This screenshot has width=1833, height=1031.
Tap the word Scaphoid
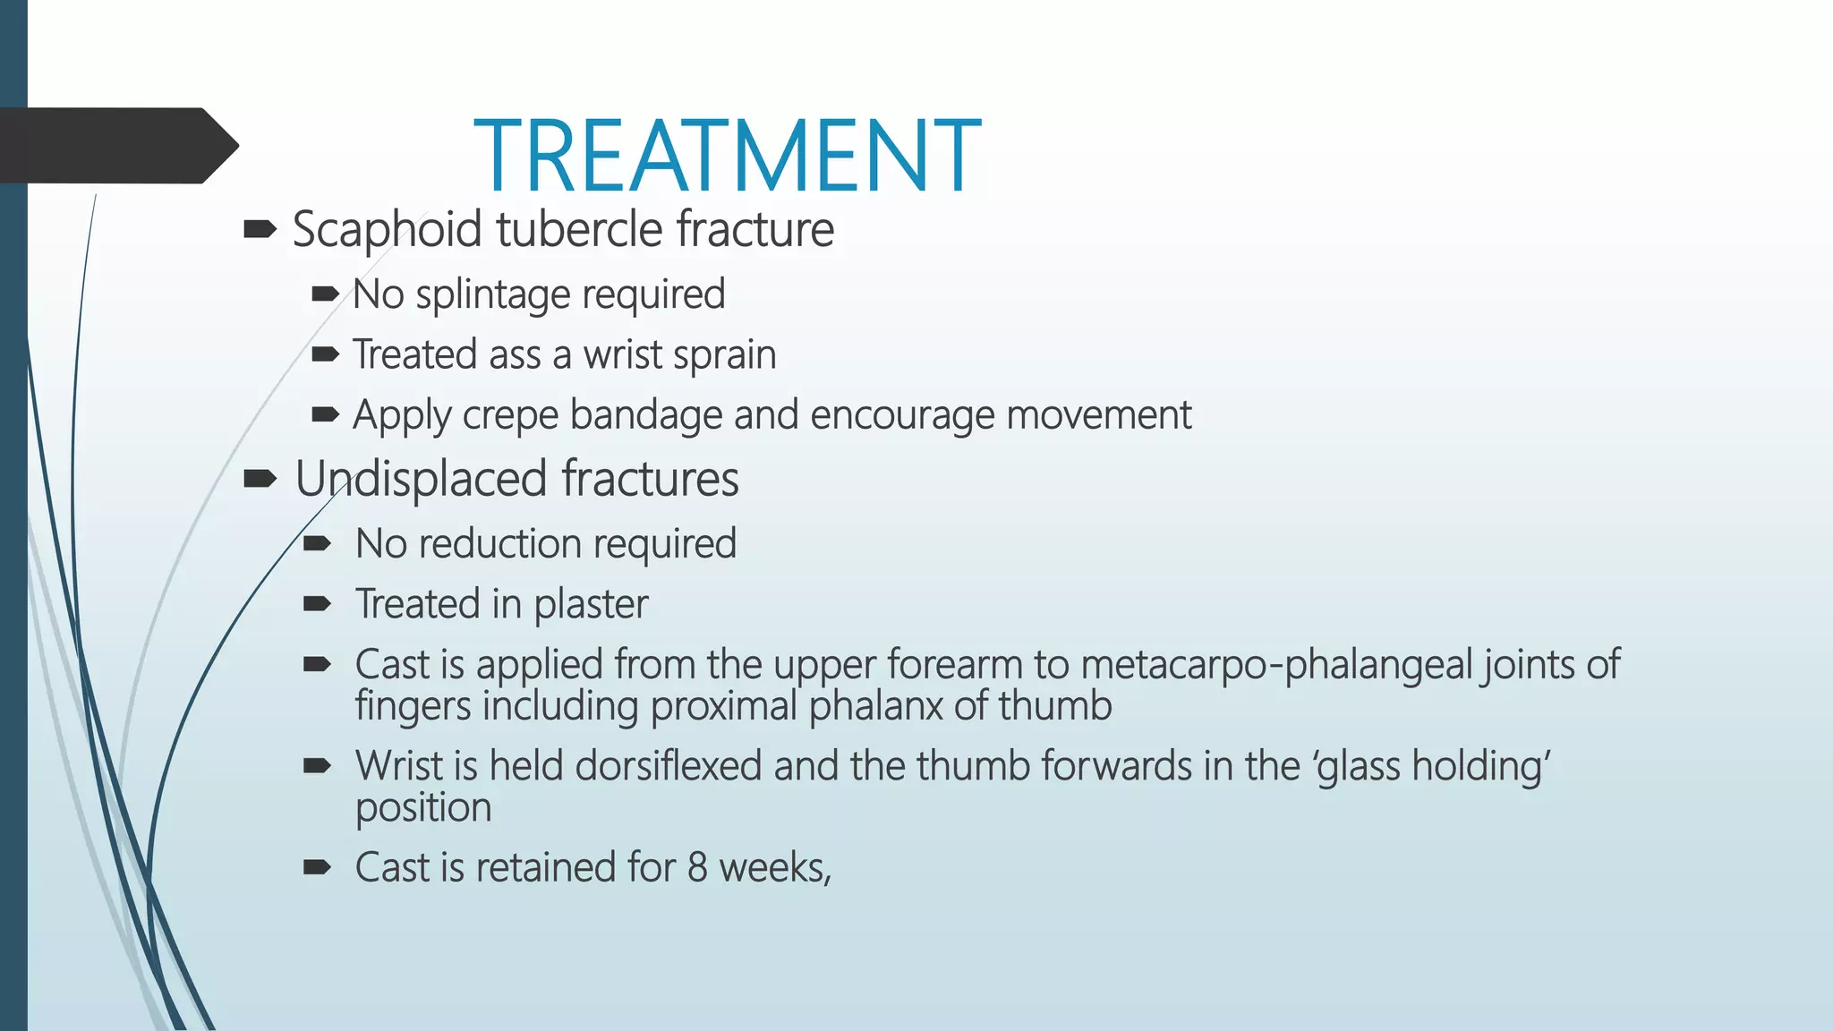(x=387, y=229)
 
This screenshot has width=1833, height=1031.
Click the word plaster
(x=591, y=604)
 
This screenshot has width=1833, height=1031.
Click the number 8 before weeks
(x=697, y=867)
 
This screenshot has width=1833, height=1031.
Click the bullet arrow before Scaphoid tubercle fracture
(x=260, y=230)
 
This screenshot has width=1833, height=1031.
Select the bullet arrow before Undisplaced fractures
(x=260, y=479)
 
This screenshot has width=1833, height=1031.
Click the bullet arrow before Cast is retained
(x=317, y=866)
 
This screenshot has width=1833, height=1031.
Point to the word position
(x=423, y=808)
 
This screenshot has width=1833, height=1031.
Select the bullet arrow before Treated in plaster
(x=317, y=604)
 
